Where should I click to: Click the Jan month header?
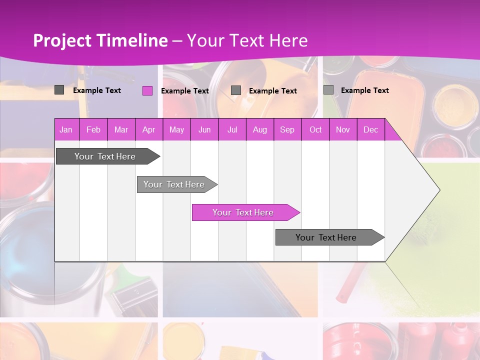click(66, 130)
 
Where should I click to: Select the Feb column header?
click(93, 130)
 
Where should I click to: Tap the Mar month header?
click(121, 130)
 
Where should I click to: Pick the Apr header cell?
click(148, 130)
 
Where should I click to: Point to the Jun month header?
click(204, 130)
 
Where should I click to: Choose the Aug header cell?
click(259, 130)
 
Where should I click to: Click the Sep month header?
click(287, 130)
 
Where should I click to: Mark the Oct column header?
click(315, 130)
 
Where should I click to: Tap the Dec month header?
click(370, 130)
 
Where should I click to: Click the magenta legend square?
click(147, 90)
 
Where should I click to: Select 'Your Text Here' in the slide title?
click(247, 40)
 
